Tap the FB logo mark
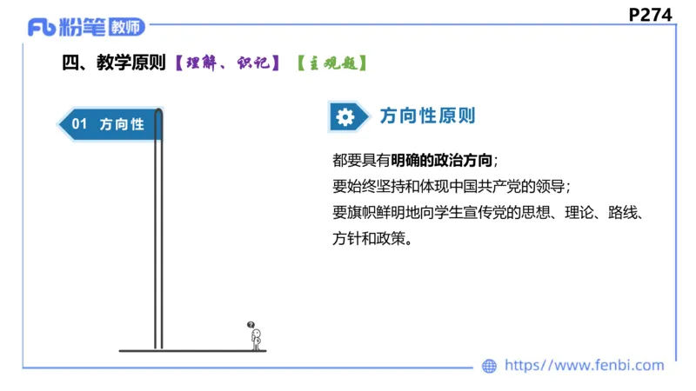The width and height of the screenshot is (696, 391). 42,28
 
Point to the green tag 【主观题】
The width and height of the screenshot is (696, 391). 331,63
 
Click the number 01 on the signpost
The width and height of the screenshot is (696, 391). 79,124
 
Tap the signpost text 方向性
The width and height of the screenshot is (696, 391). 122,124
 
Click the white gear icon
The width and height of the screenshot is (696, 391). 345,116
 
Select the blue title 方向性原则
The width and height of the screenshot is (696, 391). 428,116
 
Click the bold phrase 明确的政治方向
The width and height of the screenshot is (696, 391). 442,161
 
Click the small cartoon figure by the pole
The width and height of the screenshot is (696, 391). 256,337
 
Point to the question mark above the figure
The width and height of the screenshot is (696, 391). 251,322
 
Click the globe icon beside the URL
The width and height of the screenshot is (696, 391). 490,366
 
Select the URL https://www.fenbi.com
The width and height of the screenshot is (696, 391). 584,366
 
